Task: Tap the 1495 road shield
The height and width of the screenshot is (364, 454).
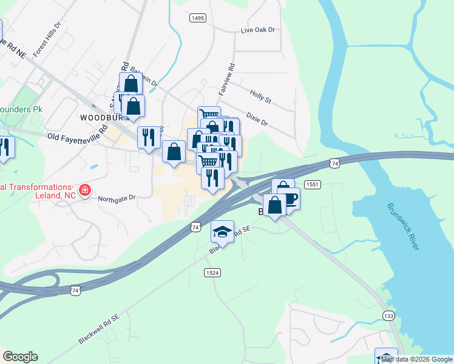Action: [x=197, y=18]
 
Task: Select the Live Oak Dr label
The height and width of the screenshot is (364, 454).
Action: [x=258, y=30]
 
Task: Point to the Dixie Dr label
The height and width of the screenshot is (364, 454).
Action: [x=257, y=118]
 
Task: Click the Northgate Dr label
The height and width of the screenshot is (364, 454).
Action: [x=117, y=198]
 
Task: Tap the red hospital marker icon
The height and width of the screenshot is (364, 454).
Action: [x=84, y=191]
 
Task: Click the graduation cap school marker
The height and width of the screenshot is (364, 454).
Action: [x=223, y=231]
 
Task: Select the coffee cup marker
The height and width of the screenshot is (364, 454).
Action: [x=289, y=198]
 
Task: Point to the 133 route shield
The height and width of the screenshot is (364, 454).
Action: [x=389, y=315]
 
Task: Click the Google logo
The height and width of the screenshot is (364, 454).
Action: [x=20, y=357]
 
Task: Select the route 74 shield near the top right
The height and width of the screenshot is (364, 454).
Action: [x=334, y=163]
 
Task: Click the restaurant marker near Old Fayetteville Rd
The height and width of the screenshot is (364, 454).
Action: [x=148, y=136]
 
